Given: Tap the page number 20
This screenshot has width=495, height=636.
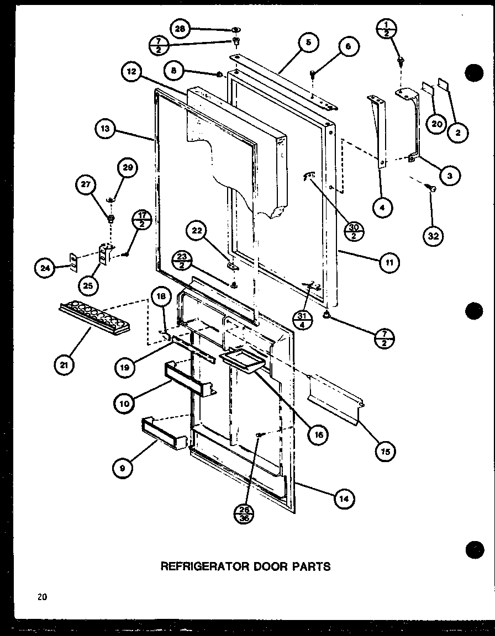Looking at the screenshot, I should pyautogui.click(x=43, y=596).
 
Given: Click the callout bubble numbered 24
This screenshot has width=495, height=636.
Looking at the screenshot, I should pyautogui.click(x=46, y=269).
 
